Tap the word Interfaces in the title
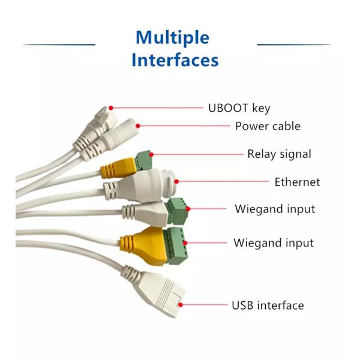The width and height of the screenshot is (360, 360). tap(175, 60)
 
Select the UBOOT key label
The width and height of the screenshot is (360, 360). tap(239, 108)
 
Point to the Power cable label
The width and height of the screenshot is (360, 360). tap(268, 126)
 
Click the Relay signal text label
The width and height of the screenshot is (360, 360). tap(279, 154)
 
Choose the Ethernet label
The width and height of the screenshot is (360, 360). tap(297, 182)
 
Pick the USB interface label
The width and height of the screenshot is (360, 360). tap(268, 305)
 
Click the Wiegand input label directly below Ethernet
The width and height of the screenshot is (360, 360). tap(274, 209)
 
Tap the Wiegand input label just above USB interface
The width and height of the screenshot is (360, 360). tap(273, 243)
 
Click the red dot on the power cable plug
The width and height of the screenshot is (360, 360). tap(138, 125)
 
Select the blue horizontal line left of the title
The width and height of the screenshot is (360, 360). tap(59, 44)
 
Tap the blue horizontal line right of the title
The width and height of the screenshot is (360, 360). tap(293, 44)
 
